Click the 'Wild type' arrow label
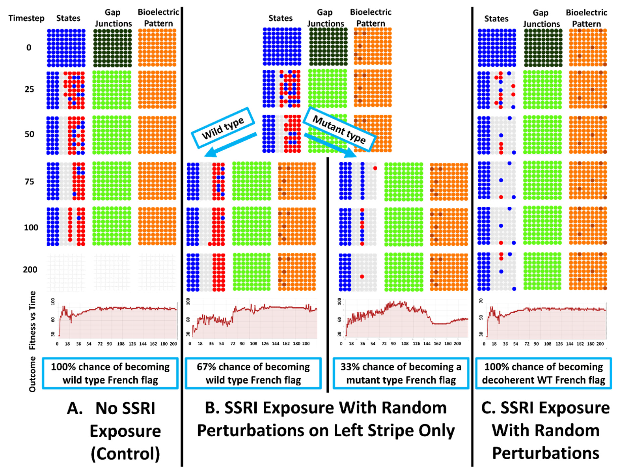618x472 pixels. [x=223, y=128]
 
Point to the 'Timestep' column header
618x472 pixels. [x=26, y=18]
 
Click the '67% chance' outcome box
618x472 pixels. [x=253, y=373]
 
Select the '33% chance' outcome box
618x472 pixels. [x=401, y=373]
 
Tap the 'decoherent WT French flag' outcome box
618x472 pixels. [x=543, y=373]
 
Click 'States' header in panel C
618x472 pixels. [x=496, y=19]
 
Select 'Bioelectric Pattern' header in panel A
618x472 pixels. [x=158, y=18]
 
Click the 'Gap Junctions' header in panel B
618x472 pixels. [x=325, y=18]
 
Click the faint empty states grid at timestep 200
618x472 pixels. [x=66, y=272]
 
